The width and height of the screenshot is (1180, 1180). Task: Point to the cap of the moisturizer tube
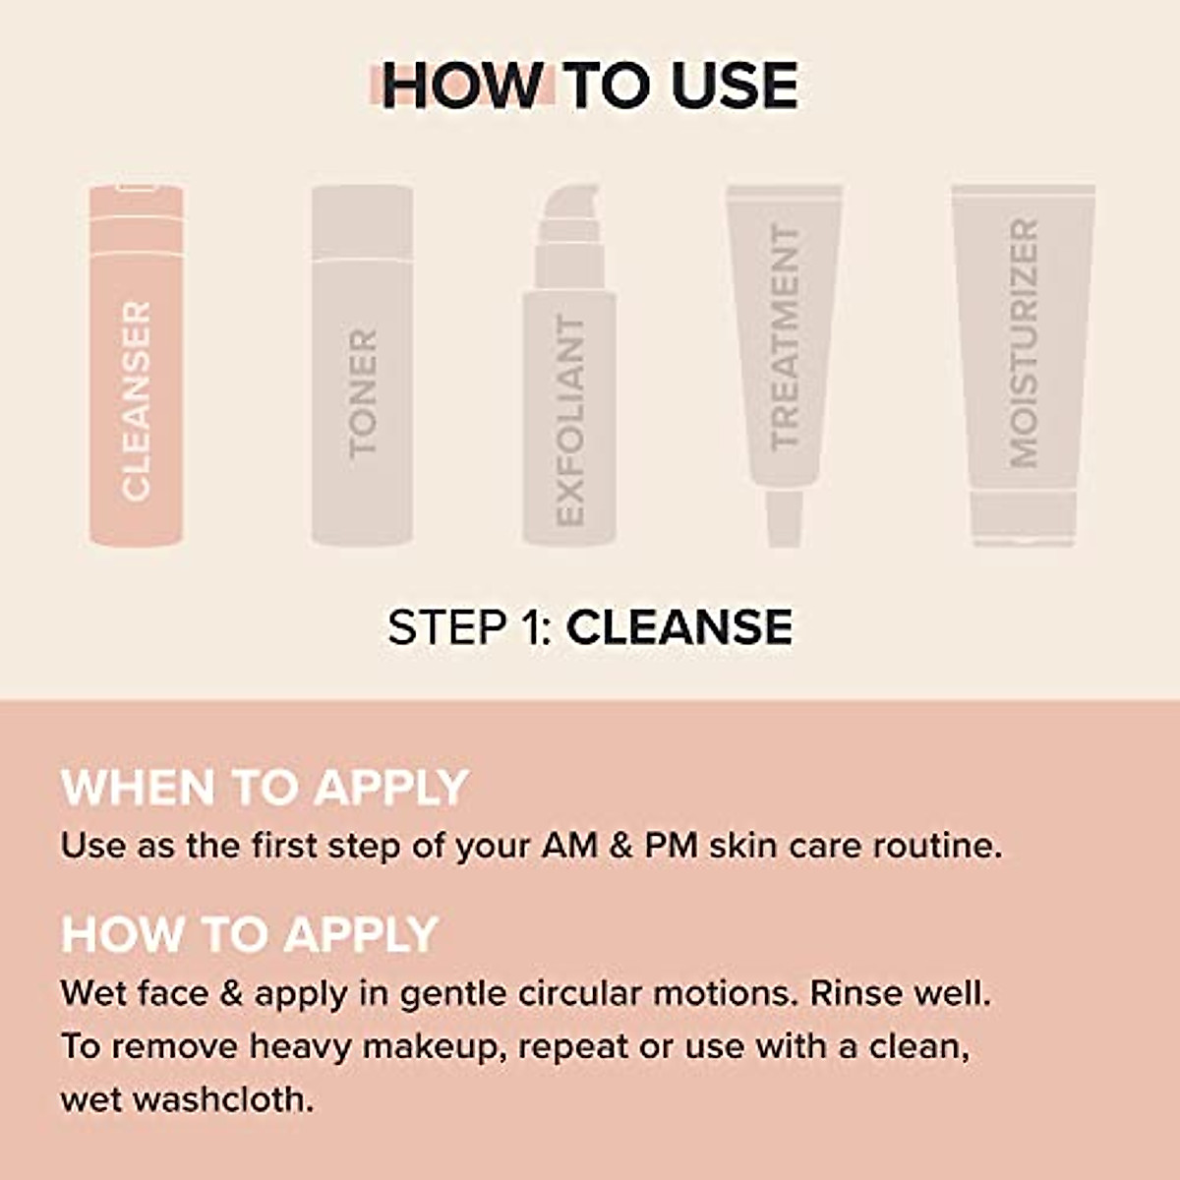[1023, 517]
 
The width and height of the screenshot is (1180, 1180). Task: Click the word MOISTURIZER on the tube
[1024, 342]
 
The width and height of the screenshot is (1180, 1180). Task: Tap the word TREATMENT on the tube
[785, 337]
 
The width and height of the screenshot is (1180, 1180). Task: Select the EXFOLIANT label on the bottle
[569, 420]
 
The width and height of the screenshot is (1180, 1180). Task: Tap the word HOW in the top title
[462, 86]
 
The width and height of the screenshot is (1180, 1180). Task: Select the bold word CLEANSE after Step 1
[679, 627]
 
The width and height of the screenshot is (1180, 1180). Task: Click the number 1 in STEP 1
[532, 627]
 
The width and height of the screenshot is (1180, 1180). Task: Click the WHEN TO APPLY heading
[265, 788]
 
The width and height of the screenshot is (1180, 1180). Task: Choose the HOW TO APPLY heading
[250, 934]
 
